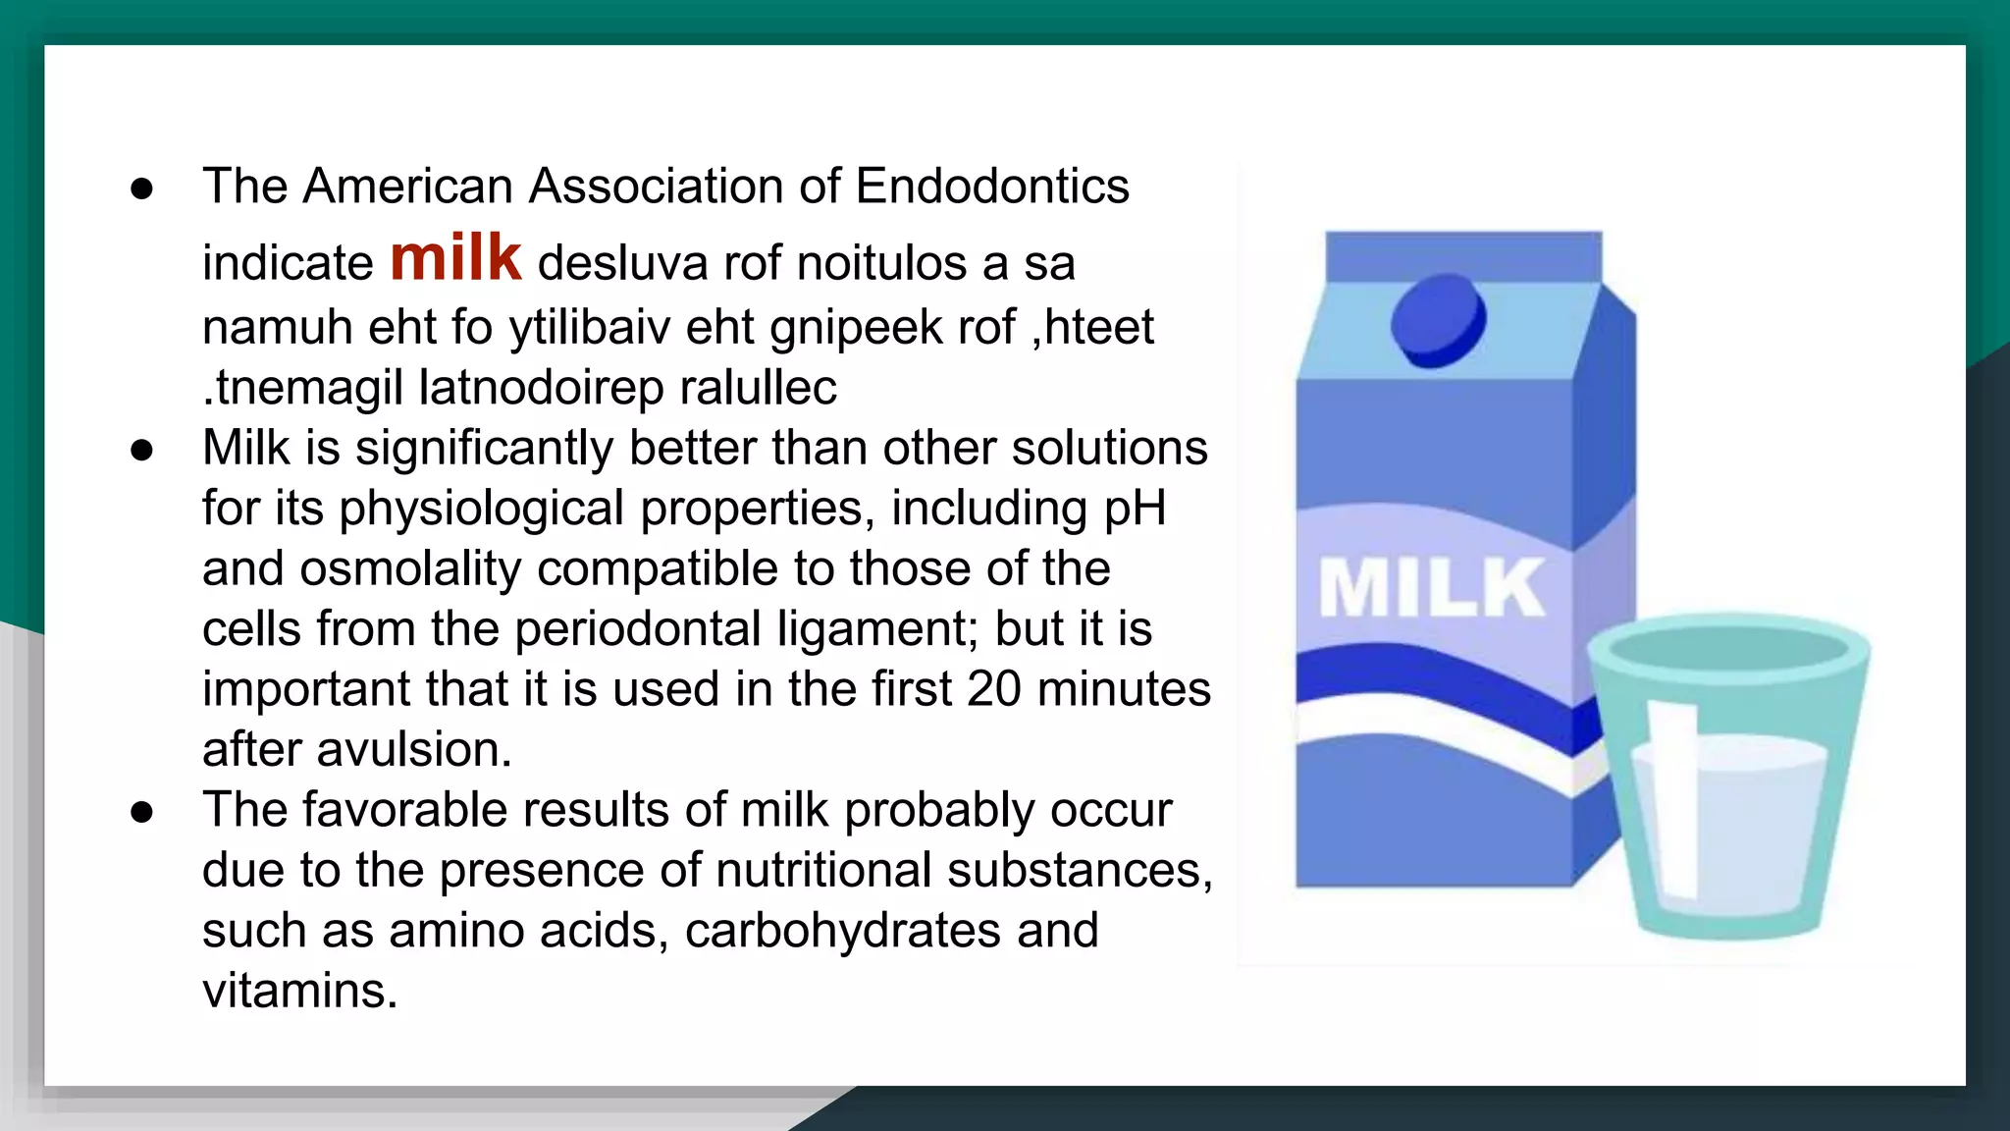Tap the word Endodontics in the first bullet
[x=992, y=187]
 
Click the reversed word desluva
[x=622, y=264]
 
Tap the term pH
[x=1135, y=510]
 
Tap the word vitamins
[x=299, y=991]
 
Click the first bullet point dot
[x=142, y=188]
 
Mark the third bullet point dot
[x=142, y=812]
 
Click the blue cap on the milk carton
[x=1438, y=320]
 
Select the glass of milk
[x=1727, y=776]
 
